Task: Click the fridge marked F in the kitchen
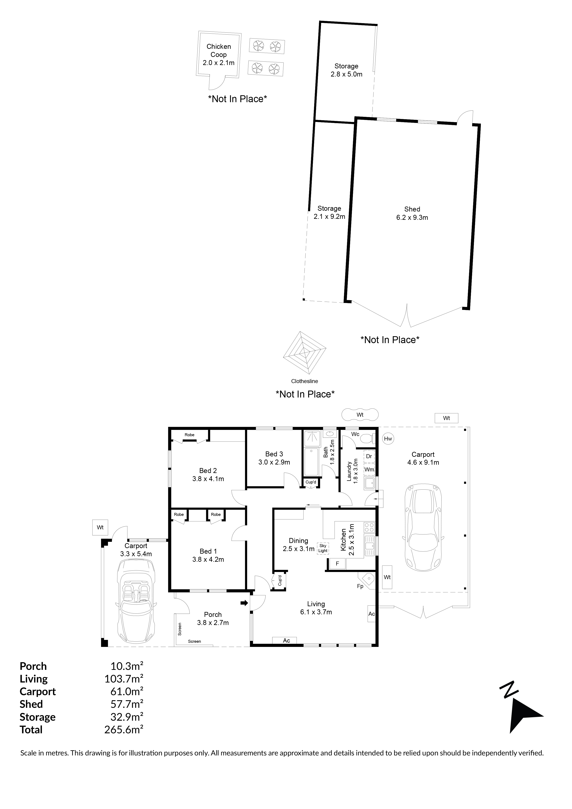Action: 337,564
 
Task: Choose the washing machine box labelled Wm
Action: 369,470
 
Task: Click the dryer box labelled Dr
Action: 369,456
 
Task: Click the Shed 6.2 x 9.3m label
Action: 412,213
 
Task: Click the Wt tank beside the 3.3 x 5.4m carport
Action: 100,528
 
